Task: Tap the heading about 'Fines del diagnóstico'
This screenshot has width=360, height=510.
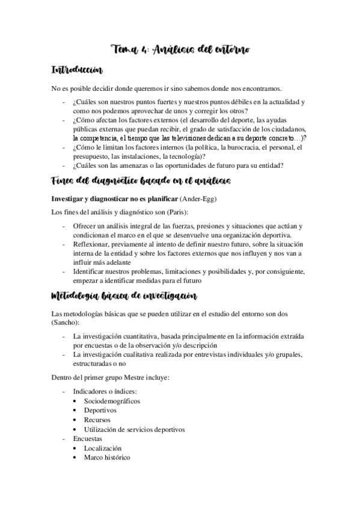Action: point(140,181)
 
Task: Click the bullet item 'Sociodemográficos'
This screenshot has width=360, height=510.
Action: point(112,400)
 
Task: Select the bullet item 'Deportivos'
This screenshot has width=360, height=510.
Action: point(100,410)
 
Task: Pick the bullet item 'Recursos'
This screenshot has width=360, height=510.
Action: point(98,419)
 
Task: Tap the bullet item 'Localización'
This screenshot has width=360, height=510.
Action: point(103,448)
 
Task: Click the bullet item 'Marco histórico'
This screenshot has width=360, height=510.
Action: point(107,458)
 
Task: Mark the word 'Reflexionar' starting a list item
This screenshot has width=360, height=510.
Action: point(90,244)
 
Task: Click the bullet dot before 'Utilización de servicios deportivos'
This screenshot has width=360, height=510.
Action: point(73,429)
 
